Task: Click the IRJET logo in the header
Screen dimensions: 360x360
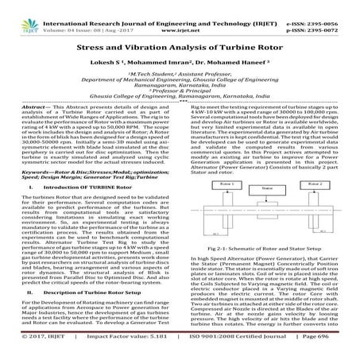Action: (x=19, y=10)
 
